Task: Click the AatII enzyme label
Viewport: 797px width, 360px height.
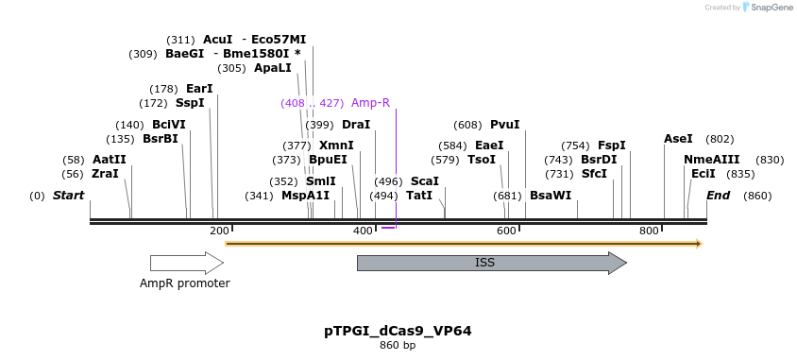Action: pyautogui.click(x=109, y=160)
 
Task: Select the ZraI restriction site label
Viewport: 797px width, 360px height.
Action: pyautogui.click(x=105, y=174)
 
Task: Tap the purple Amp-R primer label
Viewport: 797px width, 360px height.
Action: pyautogui.click(x=370, y=103)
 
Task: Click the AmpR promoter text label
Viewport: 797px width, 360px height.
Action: pyautogui.click(x=184, y=283)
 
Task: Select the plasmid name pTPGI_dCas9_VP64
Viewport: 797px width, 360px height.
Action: pyautogui.click(x=398, y=331)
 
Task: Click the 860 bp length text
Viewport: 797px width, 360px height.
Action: pyautogui.click(x=398, y=346)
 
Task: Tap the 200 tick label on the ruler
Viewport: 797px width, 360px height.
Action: pyautogui.click(x=219, y=231)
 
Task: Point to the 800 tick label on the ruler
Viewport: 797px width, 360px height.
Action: pyautogui.click(x=649, y=231)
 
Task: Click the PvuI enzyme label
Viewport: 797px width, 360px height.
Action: pyautogui.click(x=504, y=125)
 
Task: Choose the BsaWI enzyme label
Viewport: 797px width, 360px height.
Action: pyautogui.click(x=550, y=196)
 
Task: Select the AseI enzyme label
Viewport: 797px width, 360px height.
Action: pyautogui.click(x=678, y=139)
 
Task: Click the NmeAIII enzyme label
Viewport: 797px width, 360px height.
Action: pyautogui.click(x=712, y=160)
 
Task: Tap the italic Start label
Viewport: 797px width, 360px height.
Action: pyautogui.click(x=68, y=196)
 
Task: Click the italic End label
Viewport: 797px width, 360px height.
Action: pyautogui.click(x=719, y=196)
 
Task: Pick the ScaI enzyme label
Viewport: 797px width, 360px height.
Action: pyautogui.click(x=425, y=180)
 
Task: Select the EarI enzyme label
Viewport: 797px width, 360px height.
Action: pyautogui.click(x=199, y=89)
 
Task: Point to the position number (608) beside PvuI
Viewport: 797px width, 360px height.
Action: pyautogui.click(x=467, y=125)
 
